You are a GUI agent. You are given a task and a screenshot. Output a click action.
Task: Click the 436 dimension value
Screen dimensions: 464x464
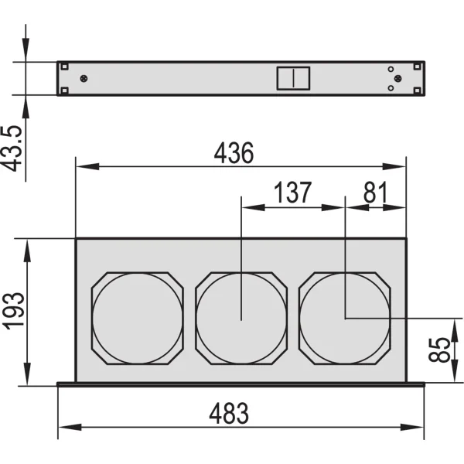pos(234,153)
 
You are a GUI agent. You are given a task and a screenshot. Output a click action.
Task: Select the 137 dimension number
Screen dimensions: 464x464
pos(292,192)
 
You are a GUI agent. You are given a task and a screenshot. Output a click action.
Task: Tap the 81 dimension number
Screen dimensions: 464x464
pos(375,192)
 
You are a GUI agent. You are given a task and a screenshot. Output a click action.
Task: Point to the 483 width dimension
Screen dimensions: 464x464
pos(229,414)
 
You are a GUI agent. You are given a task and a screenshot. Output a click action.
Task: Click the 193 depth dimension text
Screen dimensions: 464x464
pos(13,311)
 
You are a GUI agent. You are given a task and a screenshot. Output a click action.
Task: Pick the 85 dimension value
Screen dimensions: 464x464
pos(439,350)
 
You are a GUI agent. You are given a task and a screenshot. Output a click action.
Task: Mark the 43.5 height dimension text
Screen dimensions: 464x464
pos(12,148)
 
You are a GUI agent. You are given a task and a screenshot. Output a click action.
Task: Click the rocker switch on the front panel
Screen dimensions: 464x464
pos(293,78)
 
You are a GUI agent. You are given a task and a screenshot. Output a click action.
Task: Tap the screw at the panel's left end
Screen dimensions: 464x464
pos(84,78)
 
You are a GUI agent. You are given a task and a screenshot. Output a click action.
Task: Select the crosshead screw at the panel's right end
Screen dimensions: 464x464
pos(398,78)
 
